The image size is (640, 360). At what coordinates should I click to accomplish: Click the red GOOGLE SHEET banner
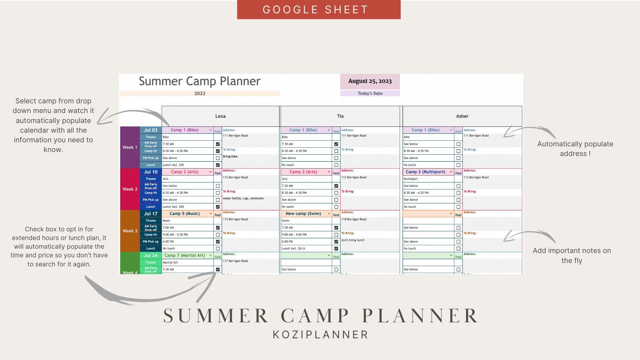(x=319, y=10)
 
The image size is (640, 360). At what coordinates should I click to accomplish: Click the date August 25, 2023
(x=370, y=81)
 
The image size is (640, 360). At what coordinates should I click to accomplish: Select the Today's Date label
(x=370, y=94)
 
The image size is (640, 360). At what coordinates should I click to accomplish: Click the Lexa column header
(x=220, y=116)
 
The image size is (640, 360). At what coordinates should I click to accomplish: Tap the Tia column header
(x=340, y=116)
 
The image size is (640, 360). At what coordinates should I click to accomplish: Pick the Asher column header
(x=462, y=116)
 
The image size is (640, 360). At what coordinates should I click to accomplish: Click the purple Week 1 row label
(x=130, y=147)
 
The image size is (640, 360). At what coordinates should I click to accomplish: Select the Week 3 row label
(x=130, y=231)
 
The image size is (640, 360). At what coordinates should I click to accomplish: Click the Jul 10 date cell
(x=151, y=172)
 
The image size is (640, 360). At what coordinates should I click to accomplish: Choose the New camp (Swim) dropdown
(x=306, y=214)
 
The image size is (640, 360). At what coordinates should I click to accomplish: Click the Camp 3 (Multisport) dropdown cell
(x=428, y=172)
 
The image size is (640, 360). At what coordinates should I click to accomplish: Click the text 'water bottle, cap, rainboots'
(x=243, y=198)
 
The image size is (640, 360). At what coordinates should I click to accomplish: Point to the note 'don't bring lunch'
(x=353, y=240)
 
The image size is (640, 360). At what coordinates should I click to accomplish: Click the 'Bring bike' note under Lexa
(x=230, y=157)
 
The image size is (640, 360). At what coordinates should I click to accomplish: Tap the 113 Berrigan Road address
(x=476, y=177)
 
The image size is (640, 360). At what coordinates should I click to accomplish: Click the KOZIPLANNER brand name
(x=320, y=335)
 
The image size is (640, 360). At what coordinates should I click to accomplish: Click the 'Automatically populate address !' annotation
(x=575, y=149)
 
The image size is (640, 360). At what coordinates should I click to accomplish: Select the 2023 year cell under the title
(x=200, y=94)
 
